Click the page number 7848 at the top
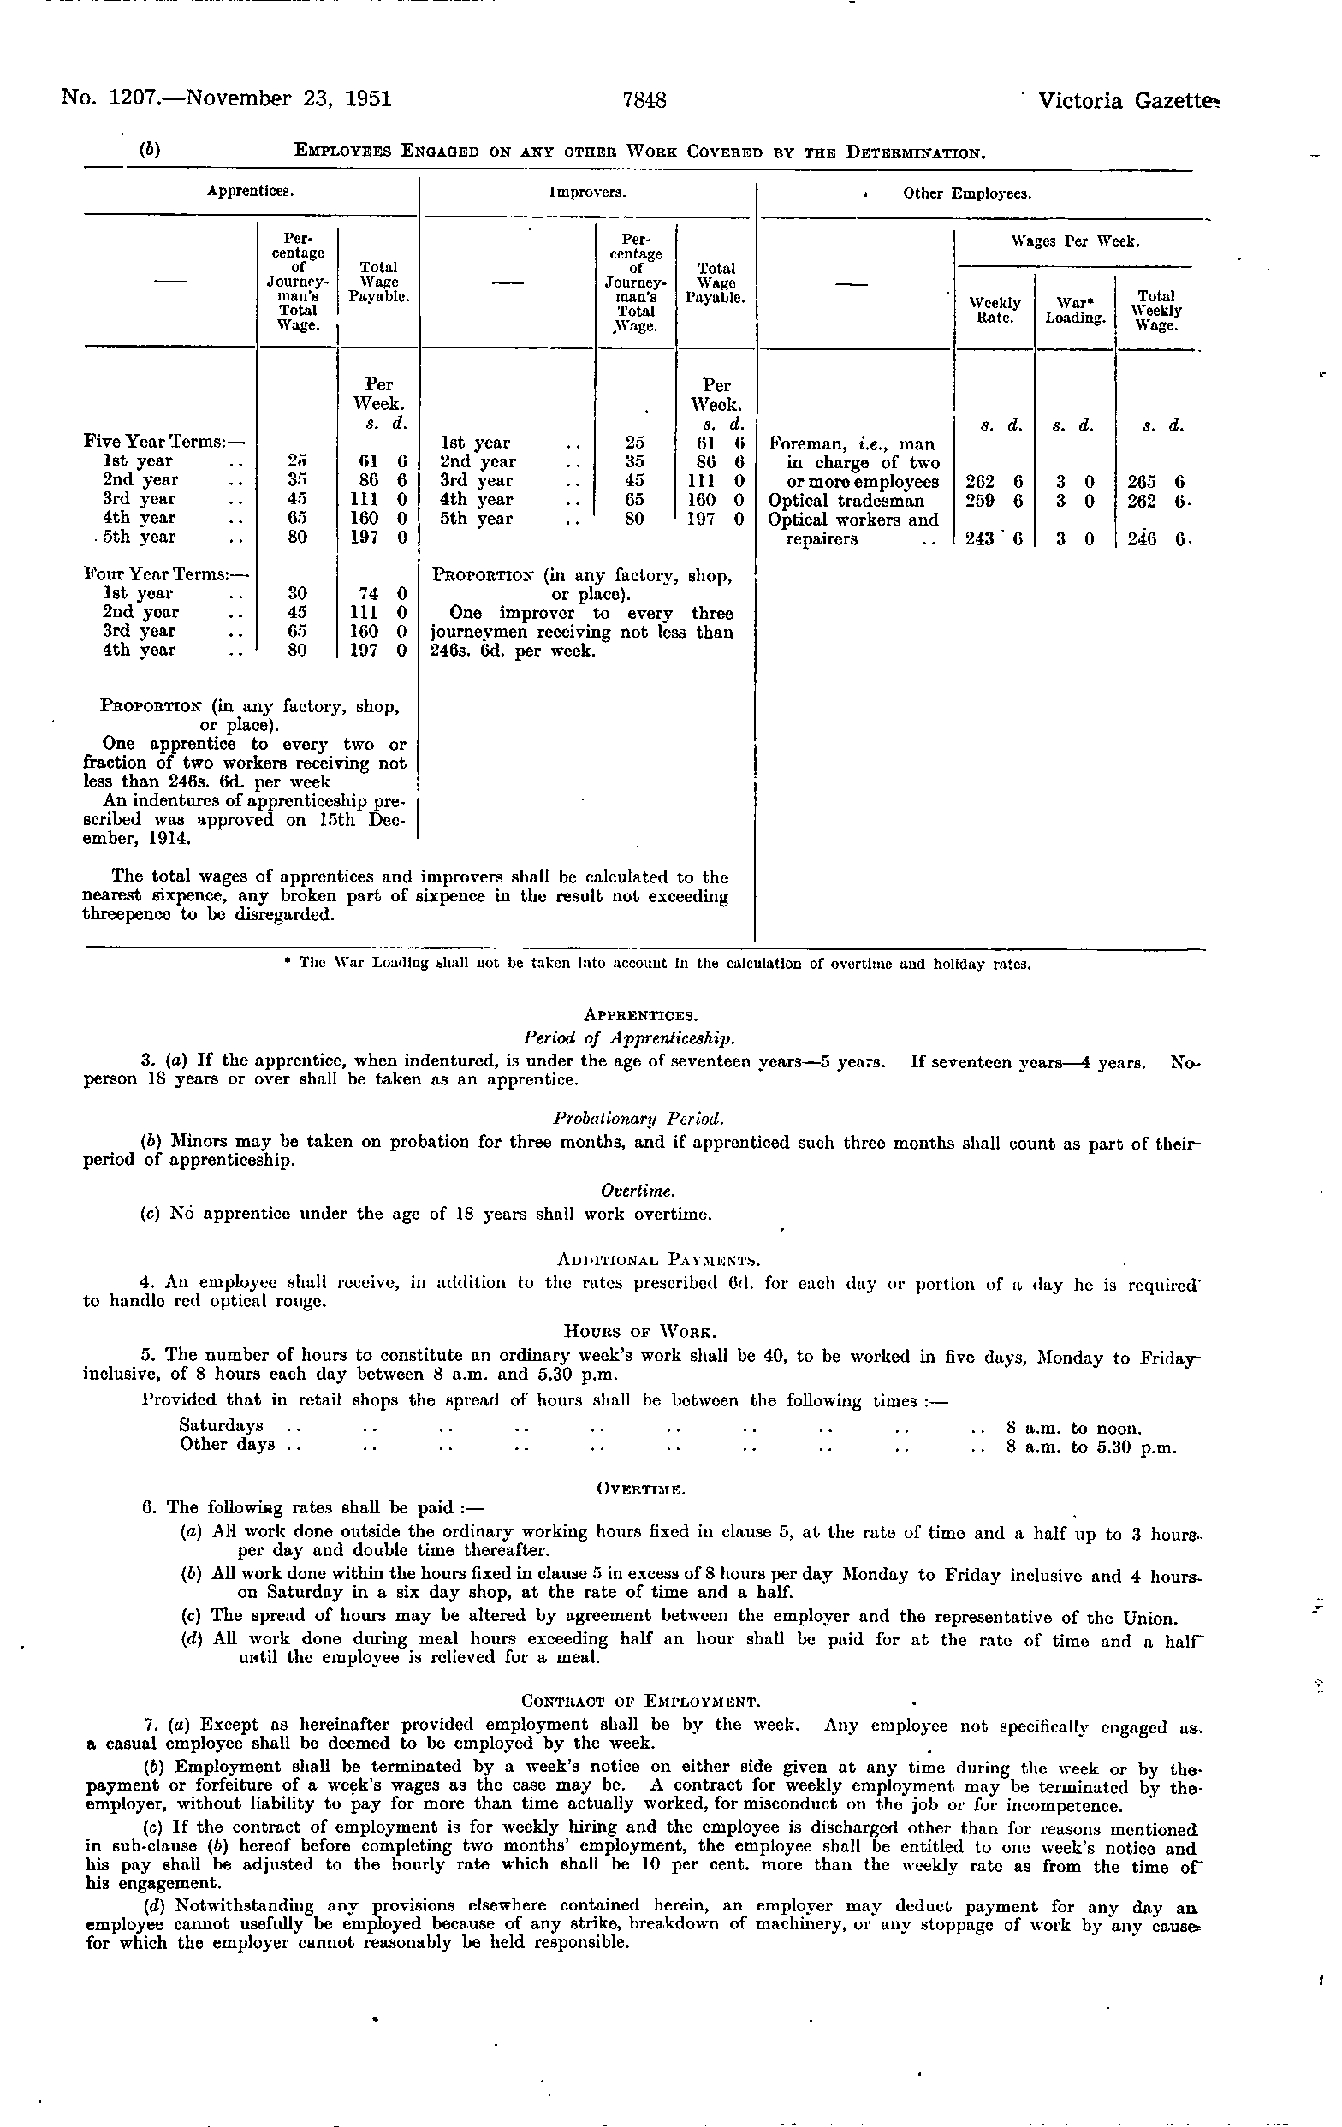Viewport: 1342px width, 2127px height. pyautogui.click(x=644, y=100)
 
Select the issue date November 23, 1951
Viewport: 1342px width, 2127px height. pyautogui.click(x=292, y=98)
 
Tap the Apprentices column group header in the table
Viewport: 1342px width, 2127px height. pyautogui.click(x=250, y=190)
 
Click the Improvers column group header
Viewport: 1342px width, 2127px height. pyautogui.click(x=587, y=192)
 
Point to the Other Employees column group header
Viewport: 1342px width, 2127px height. pyautogui.click(x=967, y=193)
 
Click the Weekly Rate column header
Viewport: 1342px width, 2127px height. pyautogui.click(x=995, y=310)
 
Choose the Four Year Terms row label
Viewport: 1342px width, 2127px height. pyautogui.click(x=163, y=574)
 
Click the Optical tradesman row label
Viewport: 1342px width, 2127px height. pyautogui.click(x=846, y=501)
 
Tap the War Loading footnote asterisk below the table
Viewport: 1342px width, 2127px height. pyautogui.click(x=288, y=963)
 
